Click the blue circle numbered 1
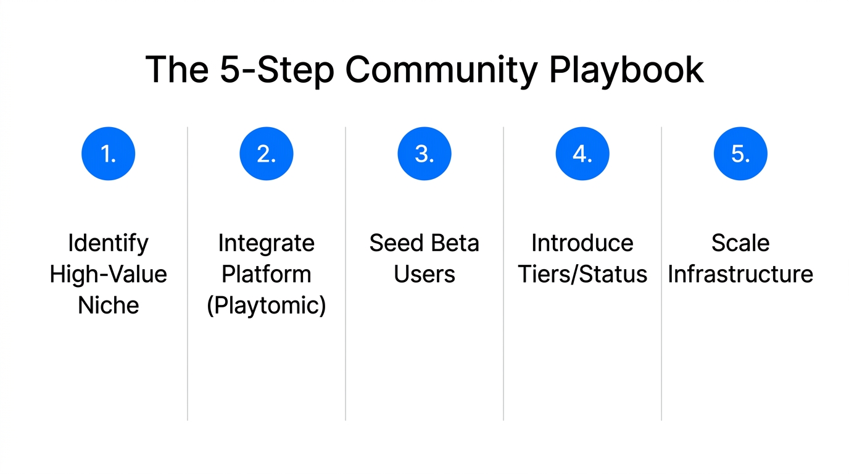[108, 154]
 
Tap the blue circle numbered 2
[266, 154]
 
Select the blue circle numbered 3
[424, 154]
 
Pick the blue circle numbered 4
[582, 154]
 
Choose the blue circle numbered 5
[740, 154]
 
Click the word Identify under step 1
[108, 243]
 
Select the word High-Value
[108, 274]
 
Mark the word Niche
[108, 305]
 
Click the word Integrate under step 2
[266, 243]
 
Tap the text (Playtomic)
[266, 305]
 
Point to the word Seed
[394, 243]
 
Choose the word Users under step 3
[424, 274]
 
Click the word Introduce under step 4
[582, 243]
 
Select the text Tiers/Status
[582, 274]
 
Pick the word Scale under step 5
[740, 243]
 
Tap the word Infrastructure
[740, 274]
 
